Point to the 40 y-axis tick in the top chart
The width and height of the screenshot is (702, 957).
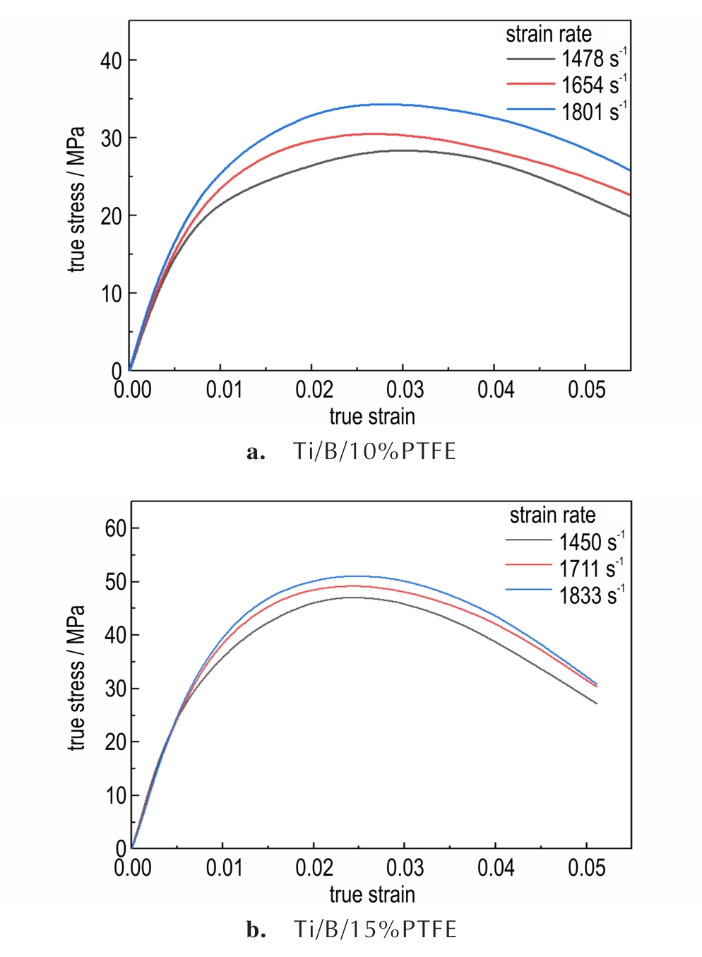[111, 61]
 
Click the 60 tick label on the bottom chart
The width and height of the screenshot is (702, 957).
[116, 528]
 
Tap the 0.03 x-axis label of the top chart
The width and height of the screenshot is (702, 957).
[405, 389]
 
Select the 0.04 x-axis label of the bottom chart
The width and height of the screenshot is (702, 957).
[496, 867]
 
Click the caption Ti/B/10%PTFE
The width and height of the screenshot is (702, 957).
[374, 451]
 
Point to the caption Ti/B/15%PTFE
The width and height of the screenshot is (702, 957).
[375, 929]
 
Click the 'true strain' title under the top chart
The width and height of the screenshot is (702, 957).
[372, 417]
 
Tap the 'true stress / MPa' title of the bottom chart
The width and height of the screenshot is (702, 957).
[76, 678]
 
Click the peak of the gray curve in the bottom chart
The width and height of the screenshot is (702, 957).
[351, 598]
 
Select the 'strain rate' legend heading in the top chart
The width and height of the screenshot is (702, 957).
[548, 34]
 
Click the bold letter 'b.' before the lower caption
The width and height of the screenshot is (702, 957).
[256, 930]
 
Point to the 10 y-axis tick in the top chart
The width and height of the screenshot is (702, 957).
[111, 294]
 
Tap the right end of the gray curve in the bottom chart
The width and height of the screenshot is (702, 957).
[597, 703]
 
